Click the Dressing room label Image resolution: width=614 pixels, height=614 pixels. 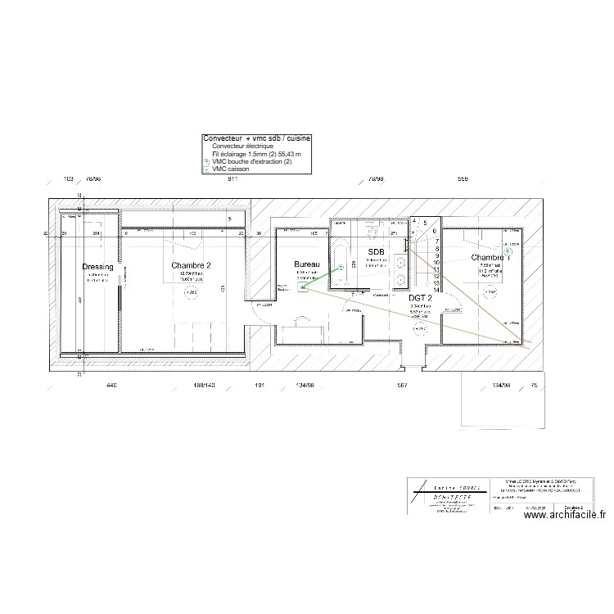coord(97,267)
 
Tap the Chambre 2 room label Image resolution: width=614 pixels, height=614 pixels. coord(192,265)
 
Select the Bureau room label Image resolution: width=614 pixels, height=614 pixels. coord(307,264)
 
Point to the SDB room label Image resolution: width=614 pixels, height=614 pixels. coord(377,251)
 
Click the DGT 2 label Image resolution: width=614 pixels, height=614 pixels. coord(420,299)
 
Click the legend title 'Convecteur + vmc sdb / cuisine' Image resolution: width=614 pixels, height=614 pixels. coord(256,139)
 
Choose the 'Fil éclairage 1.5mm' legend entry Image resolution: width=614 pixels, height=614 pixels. coord(255,154)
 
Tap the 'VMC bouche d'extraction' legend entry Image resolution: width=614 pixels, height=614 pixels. coord(251,161)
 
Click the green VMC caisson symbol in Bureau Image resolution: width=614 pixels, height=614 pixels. coord(303,287)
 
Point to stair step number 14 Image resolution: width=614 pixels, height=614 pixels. coord(437,289)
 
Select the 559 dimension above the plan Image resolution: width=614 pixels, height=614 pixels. coord(463,178)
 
